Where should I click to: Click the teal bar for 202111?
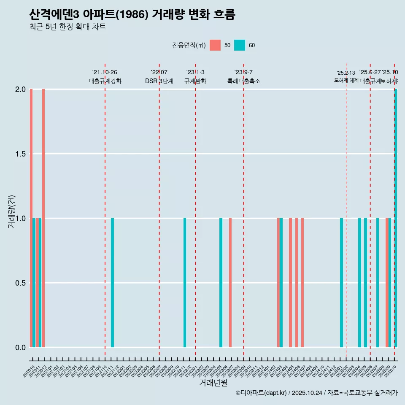click(x=112, y=283)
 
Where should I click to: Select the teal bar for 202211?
click(x=185, y=283)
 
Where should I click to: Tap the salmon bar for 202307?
click(x=230, y=283)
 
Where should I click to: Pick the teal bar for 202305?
click(x=221, y=283)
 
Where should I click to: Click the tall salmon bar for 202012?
click(x=43, y=218)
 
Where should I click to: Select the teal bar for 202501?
click(x=341, y=283)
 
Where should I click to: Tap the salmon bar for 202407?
click(x=302, y=283)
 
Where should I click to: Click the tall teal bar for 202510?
click(x=396, y=218)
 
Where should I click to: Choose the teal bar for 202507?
click(x=378, y=283)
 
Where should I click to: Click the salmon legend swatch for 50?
click(x=215, y=45)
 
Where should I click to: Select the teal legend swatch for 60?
click(x=240, y=45)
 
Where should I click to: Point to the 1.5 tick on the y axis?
click(x=20, y=154)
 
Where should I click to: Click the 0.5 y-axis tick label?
click(x=20, y=283)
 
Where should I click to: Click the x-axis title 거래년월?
click(x=213, y=383)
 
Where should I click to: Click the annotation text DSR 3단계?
click(x=159, y=81)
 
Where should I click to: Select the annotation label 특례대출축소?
click(x=243, y=81)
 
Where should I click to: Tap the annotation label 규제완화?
click(x=195, y=81)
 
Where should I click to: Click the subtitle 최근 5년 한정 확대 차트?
click(x=67, y=27)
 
